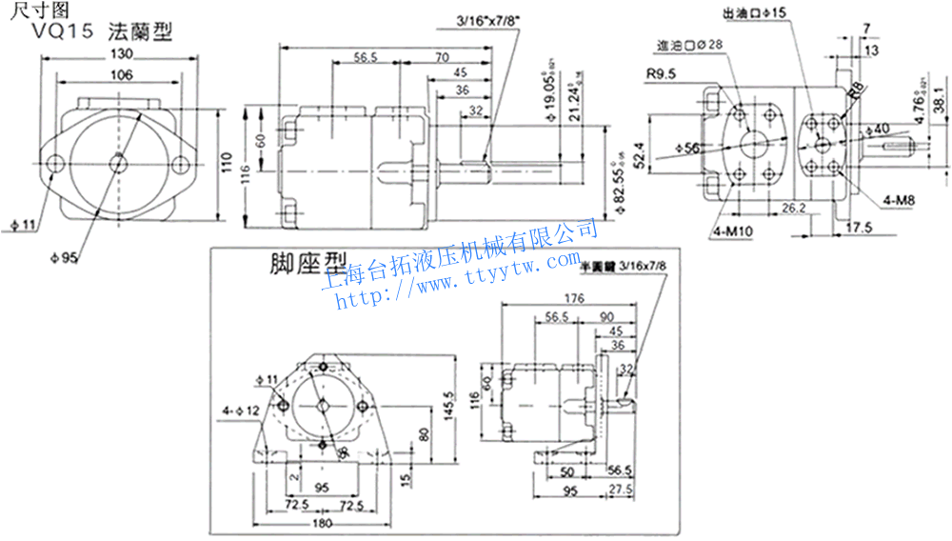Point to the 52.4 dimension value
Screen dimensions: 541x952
(x=640, y=151)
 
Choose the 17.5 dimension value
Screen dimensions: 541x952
(x=860, y=227)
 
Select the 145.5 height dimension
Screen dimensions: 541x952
(x=447, y=406)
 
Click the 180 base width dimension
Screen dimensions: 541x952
(x=321, y=523)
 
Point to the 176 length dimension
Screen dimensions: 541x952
(x=573, y=299)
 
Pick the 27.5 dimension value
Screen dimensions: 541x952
(x=620, y=489)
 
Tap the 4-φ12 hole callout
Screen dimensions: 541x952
(x=241, y=411)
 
